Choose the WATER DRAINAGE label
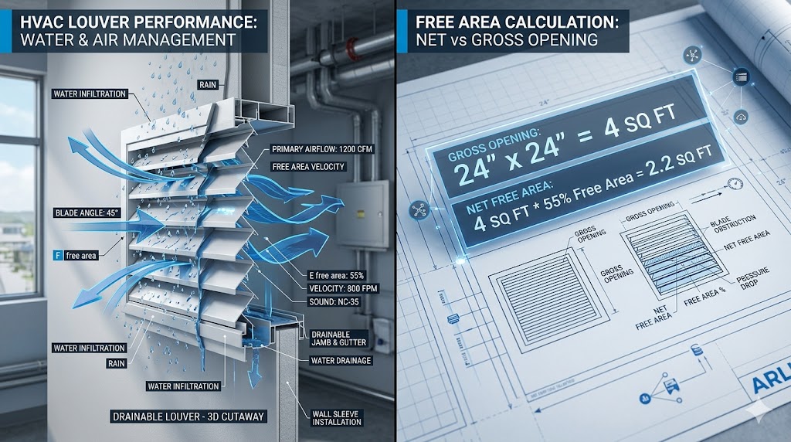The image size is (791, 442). tap(341, 360)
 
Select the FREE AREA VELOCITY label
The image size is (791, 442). tap(307, 167)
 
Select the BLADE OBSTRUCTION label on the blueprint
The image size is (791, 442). tap(728, 228)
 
